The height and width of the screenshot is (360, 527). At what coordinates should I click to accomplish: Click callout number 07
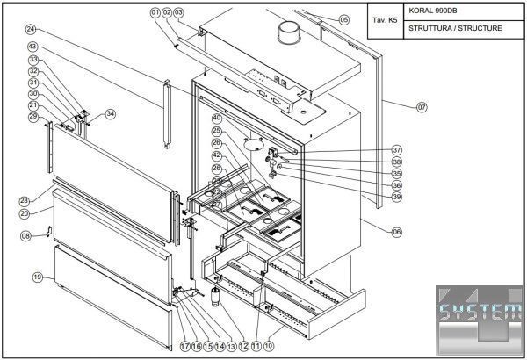coord(422,106)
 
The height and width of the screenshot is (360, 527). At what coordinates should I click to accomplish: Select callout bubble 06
coord(397,232)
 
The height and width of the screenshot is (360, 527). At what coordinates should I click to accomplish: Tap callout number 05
coord(343,19)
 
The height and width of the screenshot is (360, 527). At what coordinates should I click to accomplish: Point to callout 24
coord(32,29)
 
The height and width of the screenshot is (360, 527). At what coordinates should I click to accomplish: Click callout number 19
coord(38,277)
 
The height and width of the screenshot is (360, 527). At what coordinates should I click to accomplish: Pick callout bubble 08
coord(26,235)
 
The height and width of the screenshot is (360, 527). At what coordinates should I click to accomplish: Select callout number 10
coord(268,346)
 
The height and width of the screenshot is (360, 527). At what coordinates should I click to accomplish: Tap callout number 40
coord(216,118)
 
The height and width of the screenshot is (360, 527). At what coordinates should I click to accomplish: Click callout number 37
coord(397,150)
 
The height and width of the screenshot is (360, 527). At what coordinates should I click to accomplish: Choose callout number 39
coord(397,197)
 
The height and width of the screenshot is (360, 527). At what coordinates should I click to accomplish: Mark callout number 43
coord(32,46)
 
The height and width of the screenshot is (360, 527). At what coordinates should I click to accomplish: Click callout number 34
coord(111,113)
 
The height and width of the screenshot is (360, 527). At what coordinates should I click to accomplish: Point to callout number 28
coord(25,200)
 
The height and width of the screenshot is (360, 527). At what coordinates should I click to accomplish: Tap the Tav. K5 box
coord(384,20)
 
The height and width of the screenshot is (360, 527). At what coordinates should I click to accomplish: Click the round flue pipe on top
coord(286,34)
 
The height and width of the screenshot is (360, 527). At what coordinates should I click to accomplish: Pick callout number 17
coord(185,346)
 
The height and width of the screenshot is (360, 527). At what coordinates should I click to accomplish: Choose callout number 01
coord(155,12)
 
